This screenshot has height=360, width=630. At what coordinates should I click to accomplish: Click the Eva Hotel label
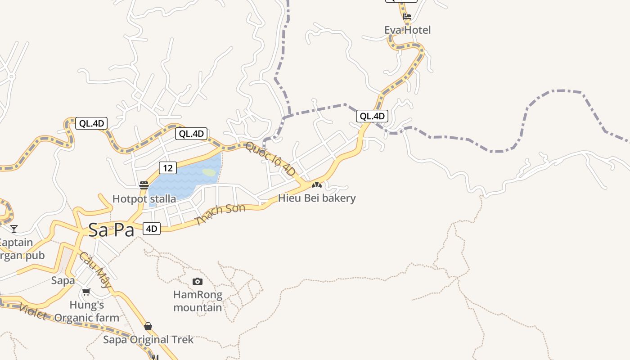pyautogui.click(x=407, y=30)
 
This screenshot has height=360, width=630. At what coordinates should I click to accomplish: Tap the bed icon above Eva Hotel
pyautogui.click(x=407, y=17)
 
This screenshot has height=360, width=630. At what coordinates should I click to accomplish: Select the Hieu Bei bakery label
pyautogui.click(x=317, y=198)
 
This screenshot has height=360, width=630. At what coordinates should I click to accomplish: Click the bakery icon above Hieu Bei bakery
pyautogui.click(x=317, y=185)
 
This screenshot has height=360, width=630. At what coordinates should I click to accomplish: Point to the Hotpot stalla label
pyautogui.click(x=144, y=198)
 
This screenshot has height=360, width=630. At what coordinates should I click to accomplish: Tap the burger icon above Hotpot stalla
pyautogui.click(x=144, y=185)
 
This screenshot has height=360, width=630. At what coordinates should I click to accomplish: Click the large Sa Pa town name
pyautogui.click(x=111, y=230)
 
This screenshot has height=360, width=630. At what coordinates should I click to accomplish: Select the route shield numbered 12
pyautogui.click(x=167, y=168)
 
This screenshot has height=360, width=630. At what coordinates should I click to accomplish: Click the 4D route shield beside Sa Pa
pyautogui.click(x=152, y=229)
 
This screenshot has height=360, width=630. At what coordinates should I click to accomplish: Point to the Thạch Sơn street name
pyautogui.click(x=220, y=214)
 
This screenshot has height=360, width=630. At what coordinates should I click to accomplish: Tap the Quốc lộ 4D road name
pyautogui.click(x=270, y=159)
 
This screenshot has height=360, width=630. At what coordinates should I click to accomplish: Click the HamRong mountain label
pyautogui.click(x=198, y=301)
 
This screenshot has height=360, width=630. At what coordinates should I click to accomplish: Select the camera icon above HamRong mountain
pyautogui.click(x=197, y=282)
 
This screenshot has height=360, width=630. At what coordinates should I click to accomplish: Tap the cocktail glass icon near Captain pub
pyautogui.click(x=14, y=229)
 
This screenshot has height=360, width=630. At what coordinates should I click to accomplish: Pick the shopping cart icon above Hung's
pyautogui.click(x=86, y=292)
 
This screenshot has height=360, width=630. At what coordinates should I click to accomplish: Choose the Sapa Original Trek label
pyautogui.click(x=148, y=340)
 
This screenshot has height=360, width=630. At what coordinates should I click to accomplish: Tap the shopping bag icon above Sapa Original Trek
pyautogui.click(x=148, y=326)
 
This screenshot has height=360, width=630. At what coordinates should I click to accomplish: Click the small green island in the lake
pyautogui.click(x=209, y=172)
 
